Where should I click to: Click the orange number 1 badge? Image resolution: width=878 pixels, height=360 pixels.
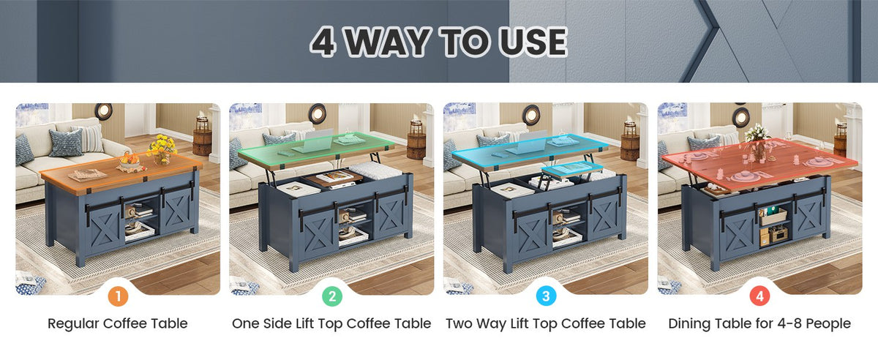118,296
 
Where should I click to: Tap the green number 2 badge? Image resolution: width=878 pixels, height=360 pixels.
332,296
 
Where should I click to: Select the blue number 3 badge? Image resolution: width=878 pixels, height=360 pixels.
546,296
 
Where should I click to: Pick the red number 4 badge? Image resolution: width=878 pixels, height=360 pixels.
759,296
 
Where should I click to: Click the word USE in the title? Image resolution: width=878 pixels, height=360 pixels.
533,42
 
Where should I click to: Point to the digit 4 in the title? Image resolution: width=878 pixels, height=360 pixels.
323,42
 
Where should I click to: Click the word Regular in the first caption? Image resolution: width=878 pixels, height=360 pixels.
73,323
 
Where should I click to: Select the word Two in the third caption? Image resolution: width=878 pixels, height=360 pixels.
459,323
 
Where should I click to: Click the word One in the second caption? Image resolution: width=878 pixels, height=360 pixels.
246,323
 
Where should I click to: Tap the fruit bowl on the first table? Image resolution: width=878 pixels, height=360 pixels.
130,161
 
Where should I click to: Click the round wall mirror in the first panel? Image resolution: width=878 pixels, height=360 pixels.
103,111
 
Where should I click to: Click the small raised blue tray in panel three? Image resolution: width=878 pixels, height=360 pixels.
572,169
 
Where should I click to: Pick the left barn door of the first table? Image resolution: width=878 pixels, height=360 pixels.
104,225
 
